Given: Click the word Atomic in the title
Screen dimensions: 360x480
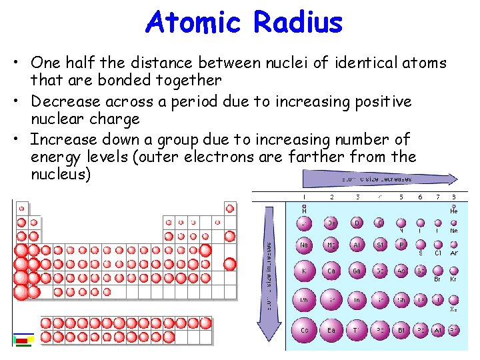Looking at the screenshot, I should pos(193,23).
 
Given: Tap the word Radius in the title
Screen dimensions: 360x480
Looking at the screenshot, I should pos(298,23).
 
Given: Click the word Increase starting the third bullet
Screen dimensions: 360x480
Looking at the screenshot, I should pos(63,140).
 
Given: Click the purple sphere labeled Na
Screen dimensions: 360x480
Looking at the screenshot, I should pos(305,245).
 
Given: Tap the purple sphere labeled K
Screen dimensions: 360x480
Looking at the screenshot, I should pos(305,271).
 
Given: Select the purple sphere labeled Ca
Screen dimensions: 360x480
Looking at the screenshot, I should pos(331,271).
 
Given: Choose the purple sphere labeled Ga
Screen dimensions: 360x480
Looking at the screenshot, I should pos(357,271).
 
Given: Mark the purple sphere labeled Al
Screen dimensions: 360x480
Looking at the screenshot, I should pos(357,245).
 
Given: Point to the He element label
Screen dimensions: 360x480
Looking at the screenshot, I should pos(454,211).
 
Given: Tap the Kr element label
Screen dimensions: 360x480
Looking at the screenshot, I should pos(454,280).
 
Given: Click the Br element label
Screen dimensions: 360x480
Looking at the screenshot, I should pos(438,280).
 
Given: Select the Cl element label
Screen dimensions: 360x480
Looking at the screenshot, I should pos(438,253).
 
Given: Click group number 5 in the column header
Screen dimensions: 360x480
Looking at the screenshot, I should pos(401,197).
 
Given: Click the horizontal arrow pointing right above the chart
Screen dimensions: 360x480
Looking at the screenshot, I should pos(380,179).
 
